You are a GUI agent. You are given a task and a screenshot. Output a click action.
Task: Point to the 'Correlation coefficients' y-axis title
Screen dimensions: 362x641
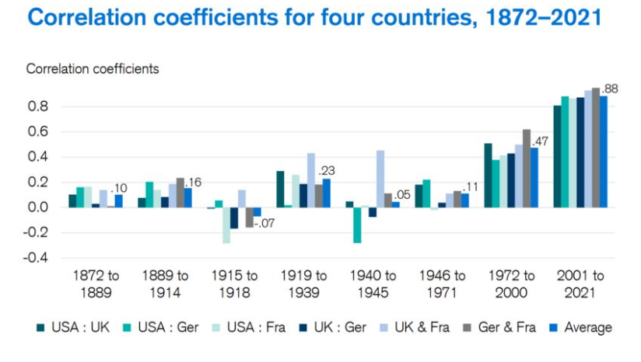93,69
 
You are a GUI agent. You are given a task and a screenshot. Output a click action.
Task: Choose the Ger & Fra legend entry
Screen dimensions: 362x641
502,327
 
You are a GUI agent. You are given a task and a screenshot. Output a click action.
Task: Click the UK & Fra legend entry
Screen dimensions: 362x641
423,327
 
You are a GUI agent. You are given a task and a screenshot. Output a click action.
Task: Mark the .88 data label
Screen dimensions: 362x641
611,89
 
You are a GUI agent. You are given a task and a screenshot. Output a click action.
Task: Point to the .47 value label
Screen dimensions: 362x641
541,141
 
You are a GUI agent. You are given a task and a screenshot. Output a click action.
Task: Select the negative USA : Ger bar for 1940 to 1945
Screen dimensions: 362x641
357,225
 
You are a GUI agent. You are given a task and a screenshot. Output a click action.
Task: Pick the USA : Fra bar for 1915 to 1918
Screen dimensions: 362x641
226,225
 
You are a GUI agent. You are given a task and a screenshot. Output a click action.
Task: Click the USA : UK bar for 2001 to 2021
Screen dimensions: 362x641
557,156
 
